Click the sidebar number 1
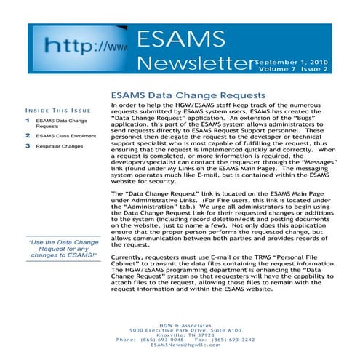28,118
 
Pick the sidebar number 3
28,147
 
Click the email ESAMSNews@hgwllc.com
180,345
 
